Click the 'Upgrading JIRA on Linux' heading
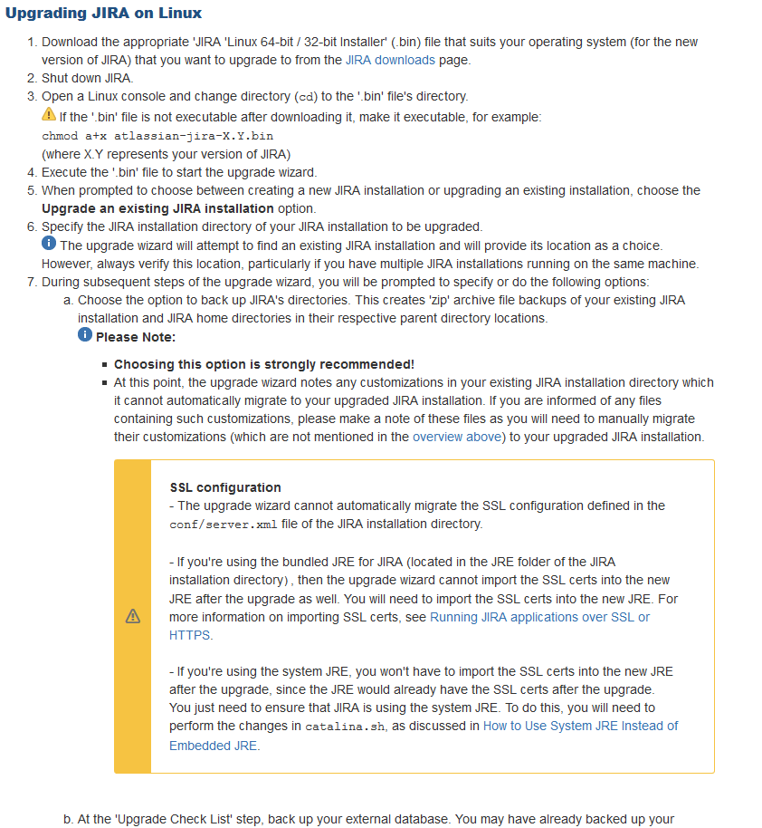pyautogui.click(x=104, y=14)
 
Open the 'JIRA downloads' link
pyautogui.click(x=390, y=60)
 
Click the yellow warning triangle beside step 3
pyautogui.click(x=49, y=115)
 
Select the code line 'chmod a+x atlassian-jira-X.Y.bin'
pyautogui.click(x=157, y=135)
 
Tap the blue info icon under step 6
pyautogui.click(x=49, y=245)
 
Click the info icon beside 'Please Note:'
pyautogui.click(x=85, y=335)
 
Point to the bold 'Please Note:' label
pyautogui.click(x=136, y=337)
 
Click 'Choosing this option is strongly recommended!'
pyautogui.click(x=264, y=364)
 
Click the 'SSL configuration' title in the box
pyautogui.click(x=225, y=487)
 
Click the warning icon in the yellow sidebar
pyautogui.click(x=133, y=616)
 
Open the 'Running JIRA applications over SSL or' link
pyautogui.click(x=539, y=617)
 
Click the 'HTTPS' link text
pyautogui.click(x=190, y=635)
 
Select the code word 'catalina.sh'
pyautogui.click(x=338, y=727)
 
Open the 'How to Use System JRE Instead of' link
pyautogui.click(x=580, y=726)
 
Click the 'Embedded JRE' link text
pyautogui.click(x=214, y=746)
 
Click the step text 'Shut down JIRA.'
pyautogui.click(x=88, y=78)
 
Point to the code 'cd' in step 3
pyautogui.click(x=308, y=97)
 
